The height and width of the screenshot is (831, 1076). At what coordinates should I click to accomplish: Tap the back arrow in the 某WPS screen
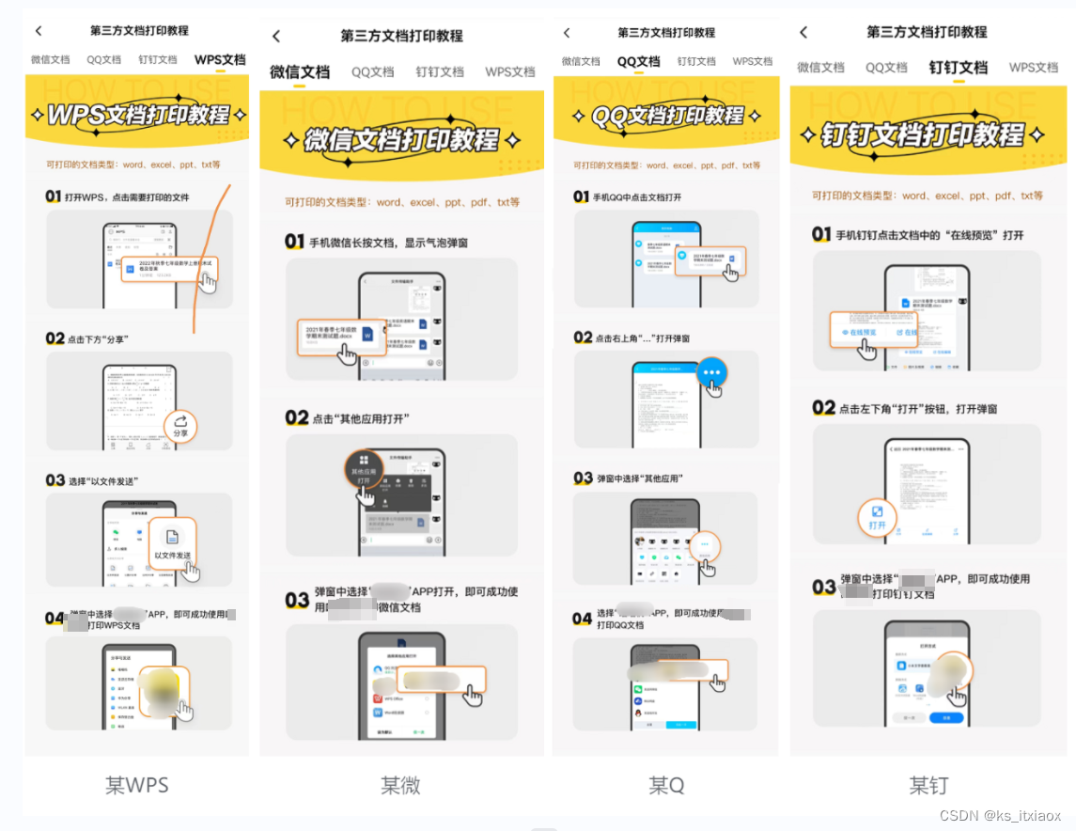point(39,31)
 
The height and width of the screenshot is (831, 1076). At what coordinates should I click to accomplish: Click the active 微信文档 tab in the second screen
point(300,72)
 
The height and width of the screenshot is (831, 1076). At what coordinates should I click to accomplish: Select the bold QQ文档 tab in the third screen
point(638,62)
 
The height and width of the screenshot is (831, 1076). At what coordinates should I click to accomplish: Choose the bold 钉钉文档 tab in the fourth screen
point(958,68)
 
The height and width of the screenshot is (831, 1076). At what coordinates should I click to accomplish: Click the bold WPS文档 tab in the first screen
point(220,60)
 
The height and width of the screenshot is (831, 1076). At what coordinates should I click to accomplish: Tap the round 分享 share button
point(180,426)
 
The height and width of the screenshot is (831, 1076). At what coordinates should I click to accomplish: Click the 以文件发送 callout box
point(173,542)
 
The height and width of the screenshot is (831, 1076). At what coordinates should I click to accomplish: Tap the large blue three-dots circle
point(712,371)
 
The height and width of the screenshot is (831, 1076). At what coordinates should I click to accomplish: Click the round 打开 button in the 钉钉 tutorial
point(877,516)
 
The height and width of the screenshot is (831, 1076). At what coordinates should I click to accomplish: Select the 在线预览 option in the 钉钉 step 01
point(859,333)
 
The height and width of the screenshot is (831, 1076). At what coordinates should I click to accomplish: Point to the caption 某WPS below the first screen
point(137,785)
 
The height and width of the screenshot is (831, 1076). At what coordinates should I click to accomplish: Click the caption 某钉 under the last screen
point(928,785)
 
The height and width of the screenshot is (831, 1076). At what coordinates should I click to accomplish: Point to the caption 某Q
point(666,785)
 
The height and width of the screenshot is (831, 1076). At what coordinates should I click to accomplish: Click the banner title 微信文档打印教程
point(402,141)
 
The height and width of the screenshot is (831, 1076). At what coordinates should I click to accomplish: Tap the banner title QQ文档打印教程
point(666,116)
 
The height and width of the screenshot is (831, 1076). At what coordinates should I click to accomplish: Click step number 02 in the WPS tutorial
point(55,338)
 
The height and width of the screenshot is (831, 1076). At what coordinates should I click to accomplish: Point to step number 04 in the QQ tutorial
point(583,619)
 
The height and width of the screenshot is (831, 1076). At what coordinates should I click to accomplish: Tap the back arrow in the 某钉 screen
point(803,32)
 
